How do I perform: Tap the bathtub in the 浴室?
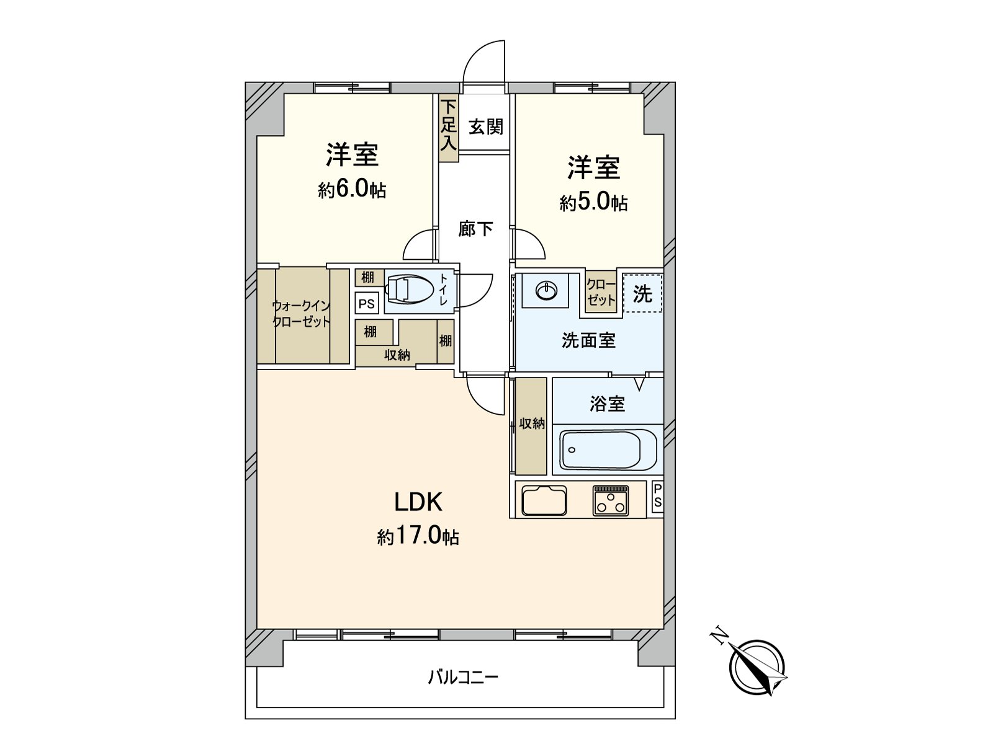coord(608,451)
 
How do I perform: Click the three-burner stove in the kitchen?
coord(611,500)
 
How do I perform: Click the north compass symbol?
coord(758,666)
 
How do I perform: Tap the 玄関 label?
coord(485,127)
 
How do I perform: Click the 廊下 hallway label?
coord(475,229)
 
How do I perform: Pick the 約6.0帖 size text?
coord(352,188)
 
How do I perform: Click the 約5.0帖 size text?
coord(593,202)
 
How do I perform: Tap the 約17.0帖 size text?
coord(418,536)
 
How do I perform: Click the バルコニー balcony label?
coord(462,676)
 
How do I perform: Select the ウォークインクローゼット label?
coord(301,314)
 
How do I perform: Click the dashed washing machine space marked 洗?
coord(642,293)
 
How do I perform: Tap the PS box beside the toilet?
coord(367,303)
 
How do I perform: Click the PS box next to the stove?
coord(657,497)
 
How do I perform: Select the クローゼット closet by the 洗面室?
coord(601,292)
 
